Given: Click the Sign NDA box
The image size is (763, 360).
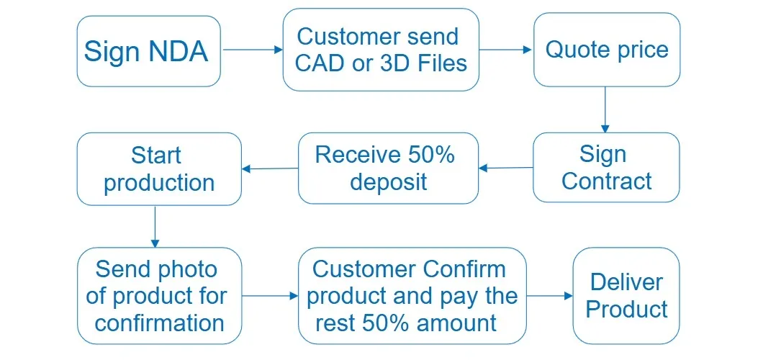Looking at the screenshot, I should [148, 51].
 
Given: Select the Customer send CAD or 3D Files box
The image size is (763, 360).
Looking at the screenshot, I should [380, 50].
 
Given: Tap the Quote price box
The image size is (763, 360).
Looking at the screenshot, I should [606, 50].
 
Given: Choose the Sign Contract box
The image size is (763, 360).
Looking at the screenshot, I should [606, 167].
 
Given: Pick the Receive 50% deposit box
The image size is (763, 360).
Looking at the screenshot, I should [388, 168].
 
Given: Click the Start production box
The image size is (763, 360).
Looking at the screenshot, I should [158, 168].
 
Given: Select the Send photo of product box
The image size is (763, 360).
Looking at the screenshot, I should [160, 296].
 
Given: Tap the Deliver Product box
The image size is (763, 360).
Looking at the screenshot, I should [626, 295].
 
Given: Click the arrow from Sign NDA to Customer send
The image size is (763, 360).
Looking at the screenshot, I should [252, 50].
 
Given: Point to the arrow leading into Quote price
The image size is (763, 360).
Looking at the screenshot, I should [505, 50].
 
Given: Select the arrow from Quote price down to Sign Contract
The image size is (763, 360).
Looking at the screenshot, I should [605, 109].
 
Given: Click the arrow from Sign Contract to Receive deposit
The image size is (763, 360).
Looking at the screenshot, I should [505, 168].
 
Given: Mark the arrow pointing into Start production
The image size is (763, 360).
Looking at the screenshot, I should [270, 169].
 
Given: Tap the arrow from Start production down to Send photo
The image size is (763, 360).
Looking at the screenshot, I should [155, 226].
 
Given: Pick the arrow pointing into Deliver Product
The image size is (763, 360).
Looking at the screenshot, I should [549, 296].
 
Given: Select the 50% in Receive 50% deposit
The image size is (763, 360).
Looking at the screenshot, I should [431, 155].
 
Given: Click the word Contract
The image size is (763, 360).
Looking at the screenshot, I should [606, 181].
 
